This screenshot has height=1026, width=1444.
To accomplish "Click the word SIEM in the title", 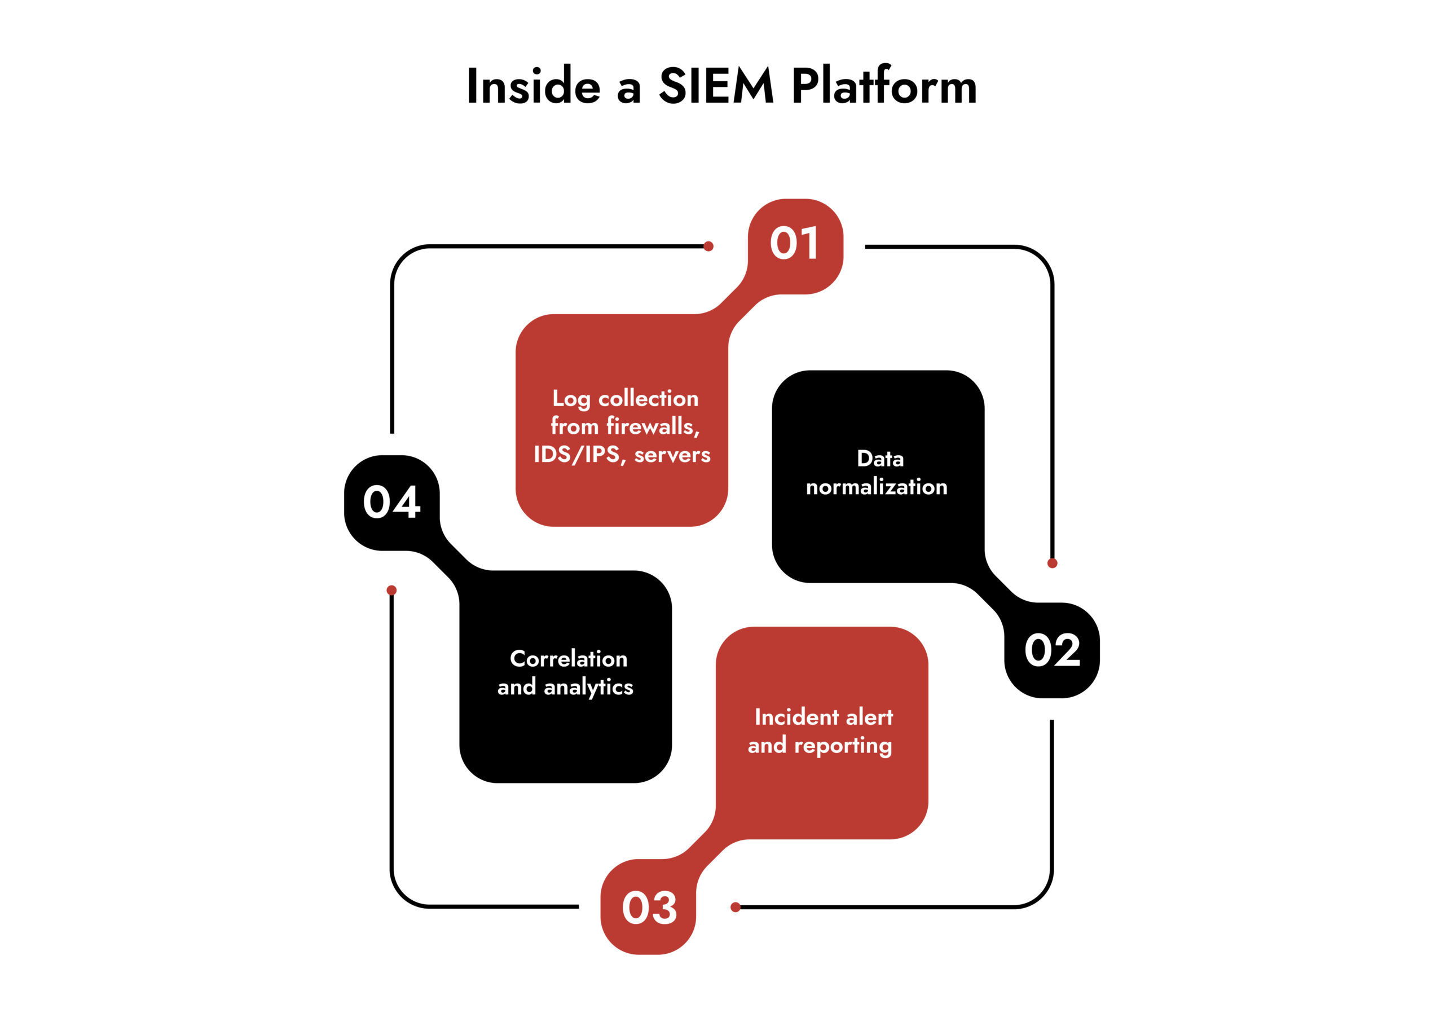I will [716, 86].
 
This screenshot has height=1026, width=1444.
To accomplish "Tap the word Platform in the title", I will [884, 86].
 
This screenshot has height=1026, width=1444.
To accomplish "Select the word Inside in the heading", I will [533, 86].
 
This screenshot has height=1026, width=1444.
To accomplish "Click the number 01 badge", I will [795, 244].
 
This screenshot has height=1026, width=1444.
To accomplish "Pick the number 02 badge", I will [1052, 651].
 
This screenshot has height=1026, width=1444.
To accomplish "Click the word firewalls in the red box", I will [653, 426].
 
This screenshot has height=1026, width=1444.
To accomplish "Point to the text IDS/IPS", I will [576, 455].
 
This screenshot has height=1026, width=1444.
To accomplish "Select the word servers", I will [672, 455].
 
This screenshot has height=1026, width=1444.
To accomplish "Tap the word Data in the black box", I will [880, 459].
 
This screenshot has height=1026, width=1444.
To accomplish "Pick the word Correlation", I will [569, 659].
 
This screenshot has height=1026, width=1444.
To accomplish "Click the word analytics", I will [588, 688].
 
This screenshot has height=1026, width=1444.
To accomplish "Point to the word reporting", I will [843, 746].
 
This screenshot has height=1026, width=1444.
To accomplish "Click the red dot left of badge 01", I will [708, 246].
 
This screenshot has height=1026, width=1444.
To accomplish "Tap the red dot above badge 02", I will [1052, 563].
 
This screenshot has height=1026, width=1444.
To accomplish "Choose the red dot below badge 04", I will [391, 590].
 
